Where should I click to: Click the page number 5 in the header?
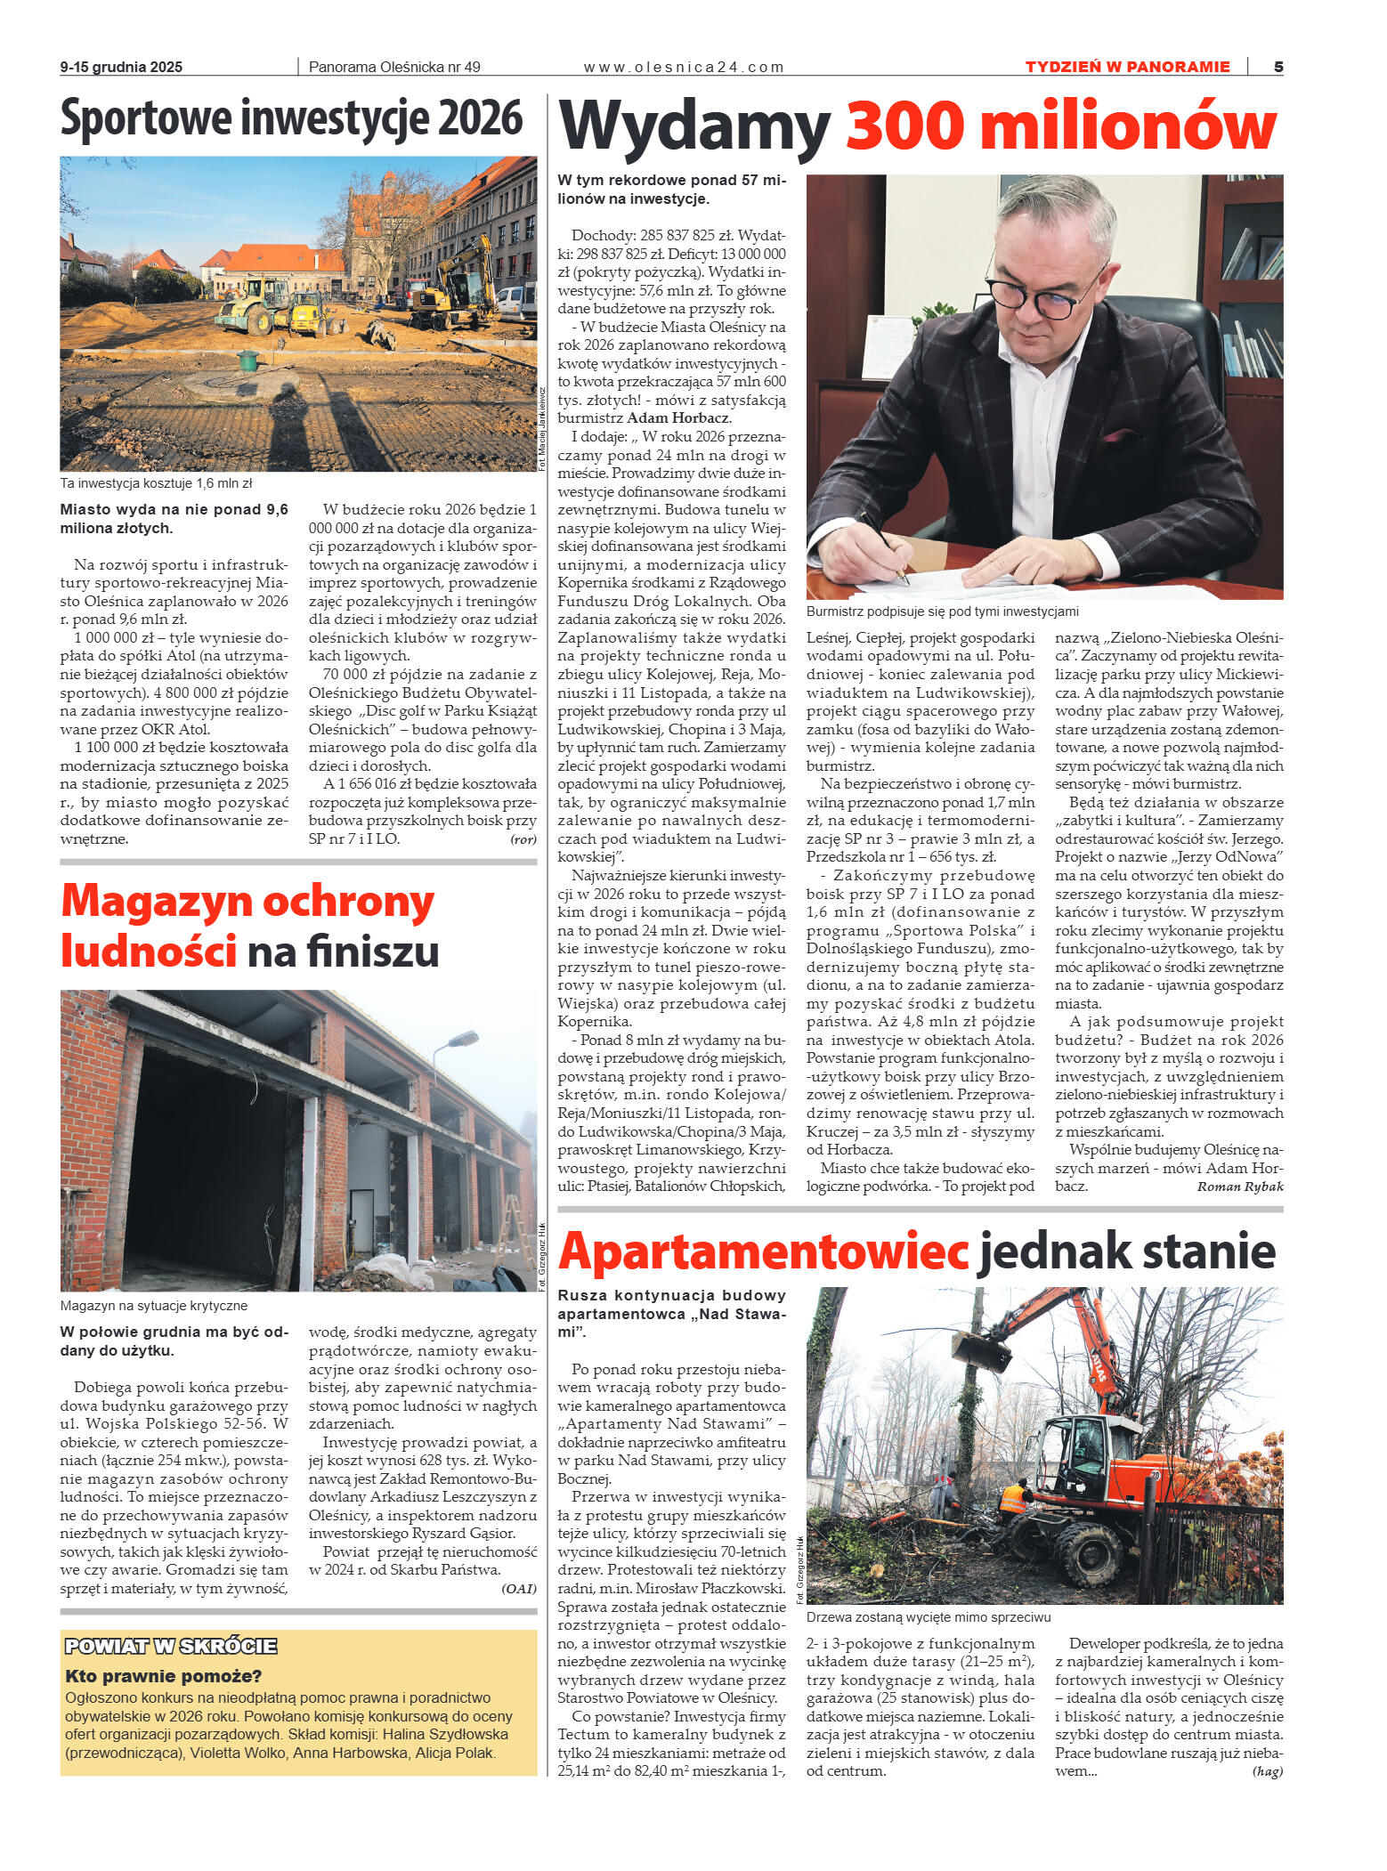1278,67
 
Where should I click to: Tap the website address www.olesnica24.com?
684,67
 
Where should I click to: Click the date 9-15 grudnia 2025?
121,67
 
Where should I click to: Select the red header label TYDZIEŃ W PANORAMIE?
1127,67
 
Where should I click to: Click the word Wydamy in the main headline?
694,127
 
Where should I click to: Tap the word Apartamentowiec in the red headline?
763,1251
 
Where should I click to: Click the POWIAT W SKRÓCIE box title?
171,1646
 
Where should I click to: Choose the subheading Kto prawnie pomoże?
164,1676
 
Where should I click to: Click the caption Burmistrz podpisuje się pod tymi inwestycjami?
942,612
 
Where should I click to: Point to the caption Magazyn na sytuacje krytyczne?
154,1306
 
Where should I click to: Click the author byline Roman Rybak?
1239,1187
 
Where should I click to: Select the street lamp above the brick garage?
464,1039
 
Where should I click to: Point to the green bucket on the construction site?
248,360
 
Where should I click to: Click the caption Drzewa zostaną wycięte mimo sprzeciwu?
929,1617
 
